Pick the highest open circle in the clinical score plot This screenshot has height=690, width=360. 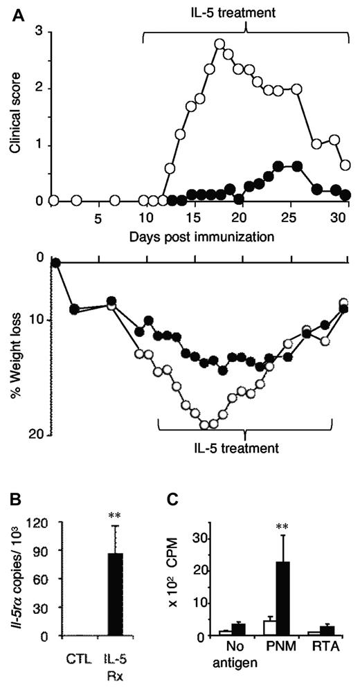(220, 44)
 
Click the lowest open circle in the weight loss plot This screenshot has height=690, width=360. (205, 424)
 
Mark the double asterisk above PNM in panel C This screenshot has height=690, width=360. (282, 527)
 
